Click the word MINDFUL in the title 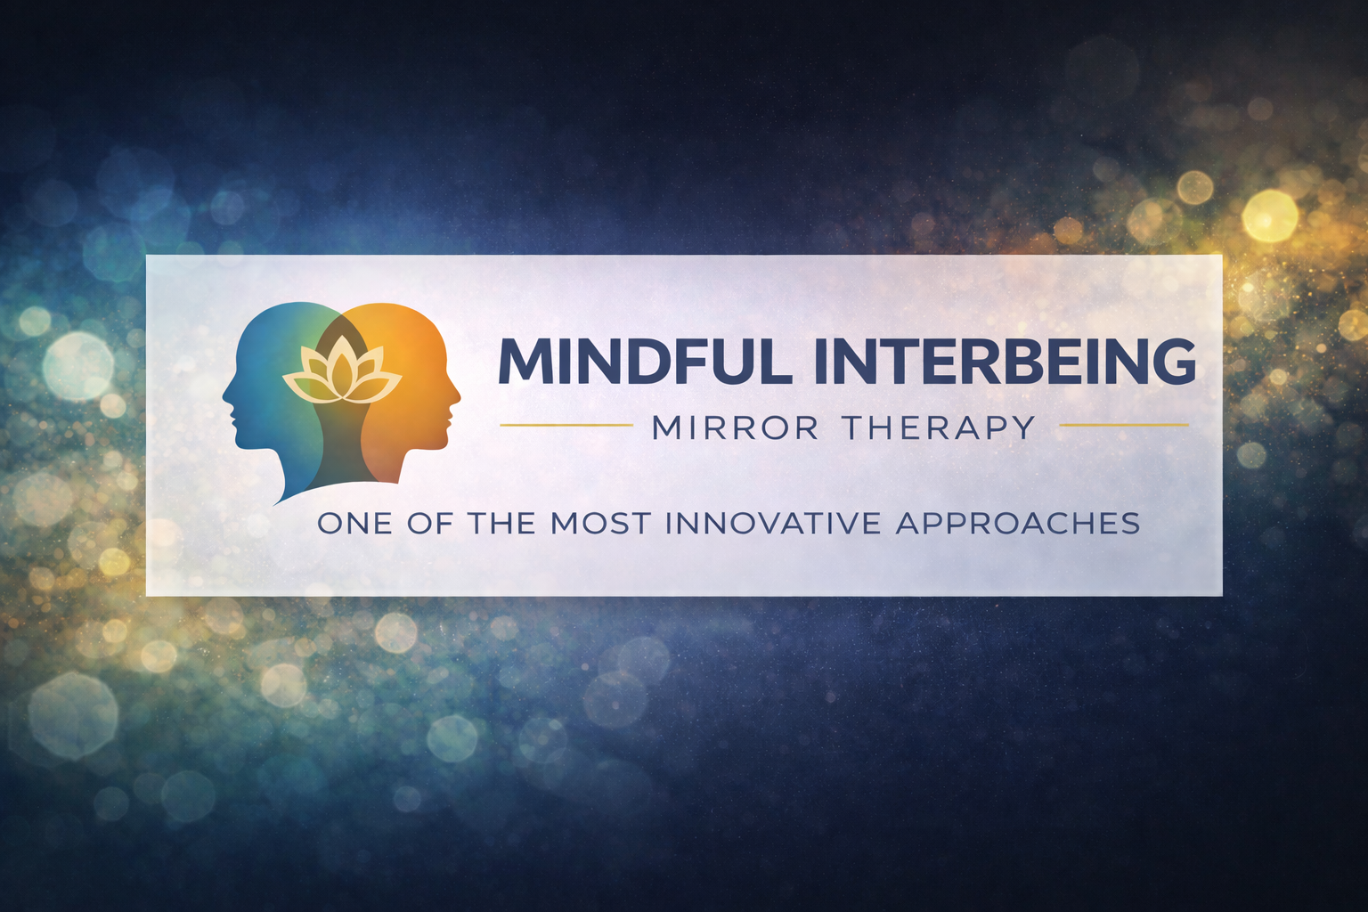coord(641,362)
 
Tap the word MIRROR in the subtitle coord(736,428)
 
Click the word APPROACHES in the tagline coord(1017,524)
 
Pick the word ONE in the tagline coord(354,524)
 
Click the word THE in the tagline coord(501,524)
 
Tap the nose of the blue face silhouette coord(225,394)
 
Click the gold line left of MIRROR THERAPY coord(566,425)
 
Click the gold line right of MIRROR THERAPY coord(1124,425)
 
